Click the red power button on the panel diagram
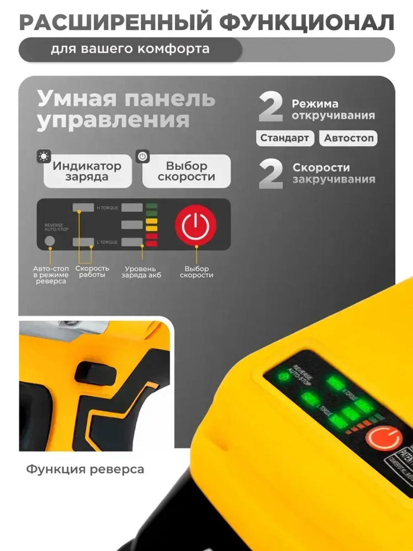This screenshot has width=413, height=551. (x=195, y=225)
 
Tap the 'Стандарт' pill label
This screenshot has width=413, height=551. (x=285, y=138)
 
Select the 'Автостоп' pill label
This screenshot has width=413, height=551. (x=349, y=138)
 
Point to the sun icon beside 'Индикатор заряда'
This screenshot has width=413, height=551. (x=43, y=157)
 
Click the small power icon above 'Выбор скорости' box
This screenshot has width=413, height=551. (x=142, y=157)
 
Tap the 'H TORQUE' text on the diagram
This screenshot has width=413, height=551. (x=107, y=208)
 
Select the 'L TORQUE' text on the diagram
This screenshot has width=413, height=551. (x=107, y=242)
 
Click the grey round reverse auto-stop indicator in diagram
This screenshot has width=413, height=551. (x=50, y=241)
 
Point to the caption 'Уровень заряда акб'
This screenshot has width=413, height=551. (x=141, y=272)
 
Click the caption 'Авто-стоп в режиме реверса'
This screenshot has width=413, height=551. (x=51, y=275)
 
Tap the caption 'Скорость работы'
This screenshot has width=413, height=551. (x=92, y=272)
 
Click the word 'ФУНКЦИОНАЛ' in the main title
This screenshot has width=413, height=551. (x=306, y=22)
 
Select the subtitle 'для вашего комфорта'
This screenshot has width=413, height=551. (x=130, y=49)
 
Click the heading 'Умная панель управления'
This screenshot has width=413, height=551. (x=126, y=110)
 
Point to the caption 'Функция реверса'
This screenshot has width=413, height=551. (x=85, y=470)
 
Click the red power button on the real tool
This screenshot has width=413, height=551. (x=383, y=438)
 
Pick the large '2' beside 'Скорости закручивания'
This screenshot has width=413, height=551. (x=271, y=174)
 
